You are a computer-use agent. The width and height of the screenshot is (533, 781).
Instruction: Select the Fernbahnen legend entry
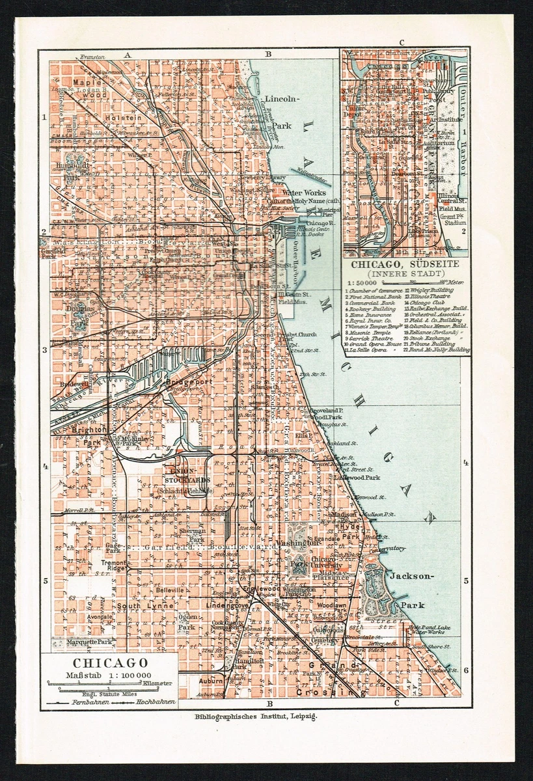[x=89, y=703]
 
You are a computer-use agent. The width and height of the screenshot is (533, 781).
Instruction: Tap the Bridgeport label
[x=189, y=382]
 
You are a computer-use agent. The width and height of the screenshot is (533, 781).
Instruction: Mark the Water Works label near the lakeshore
[x=304, y=193]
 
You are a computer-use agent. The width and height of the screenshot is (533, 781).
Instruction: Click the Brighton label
[x=90, y=430]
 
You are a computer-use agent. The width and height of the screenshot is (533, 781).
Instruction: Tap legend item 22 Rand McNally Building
[x=437, y=349]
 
